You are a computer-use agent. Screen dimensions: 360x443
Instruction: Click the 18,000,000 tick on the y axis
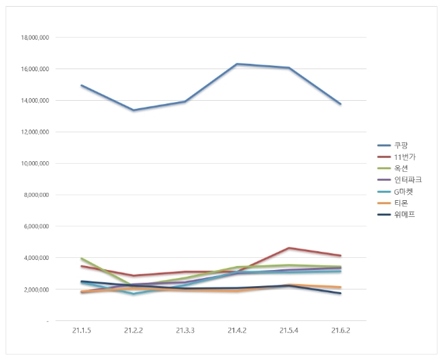click(x=35, y=38)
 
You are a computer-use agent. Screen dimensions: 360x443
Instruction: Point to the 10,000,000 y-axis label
click(x=35, y=163)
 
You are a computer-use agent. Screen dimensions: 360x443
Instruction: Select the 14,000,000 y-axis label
click(x=35, y=101)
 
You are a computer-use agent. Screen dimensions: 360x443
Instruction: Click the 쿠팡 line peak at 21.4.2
click(x=237, y=64)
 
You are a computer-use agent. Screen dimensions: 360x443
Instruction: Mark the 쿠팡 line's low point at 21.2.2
click(x=133, y=110)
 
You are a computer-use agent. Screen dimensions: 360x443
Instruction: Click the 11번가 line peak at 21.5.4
click(x=289, y=248)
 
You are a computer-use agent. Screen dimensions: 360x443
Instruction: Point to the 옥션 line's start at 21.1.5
click(x=81, y=259)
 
